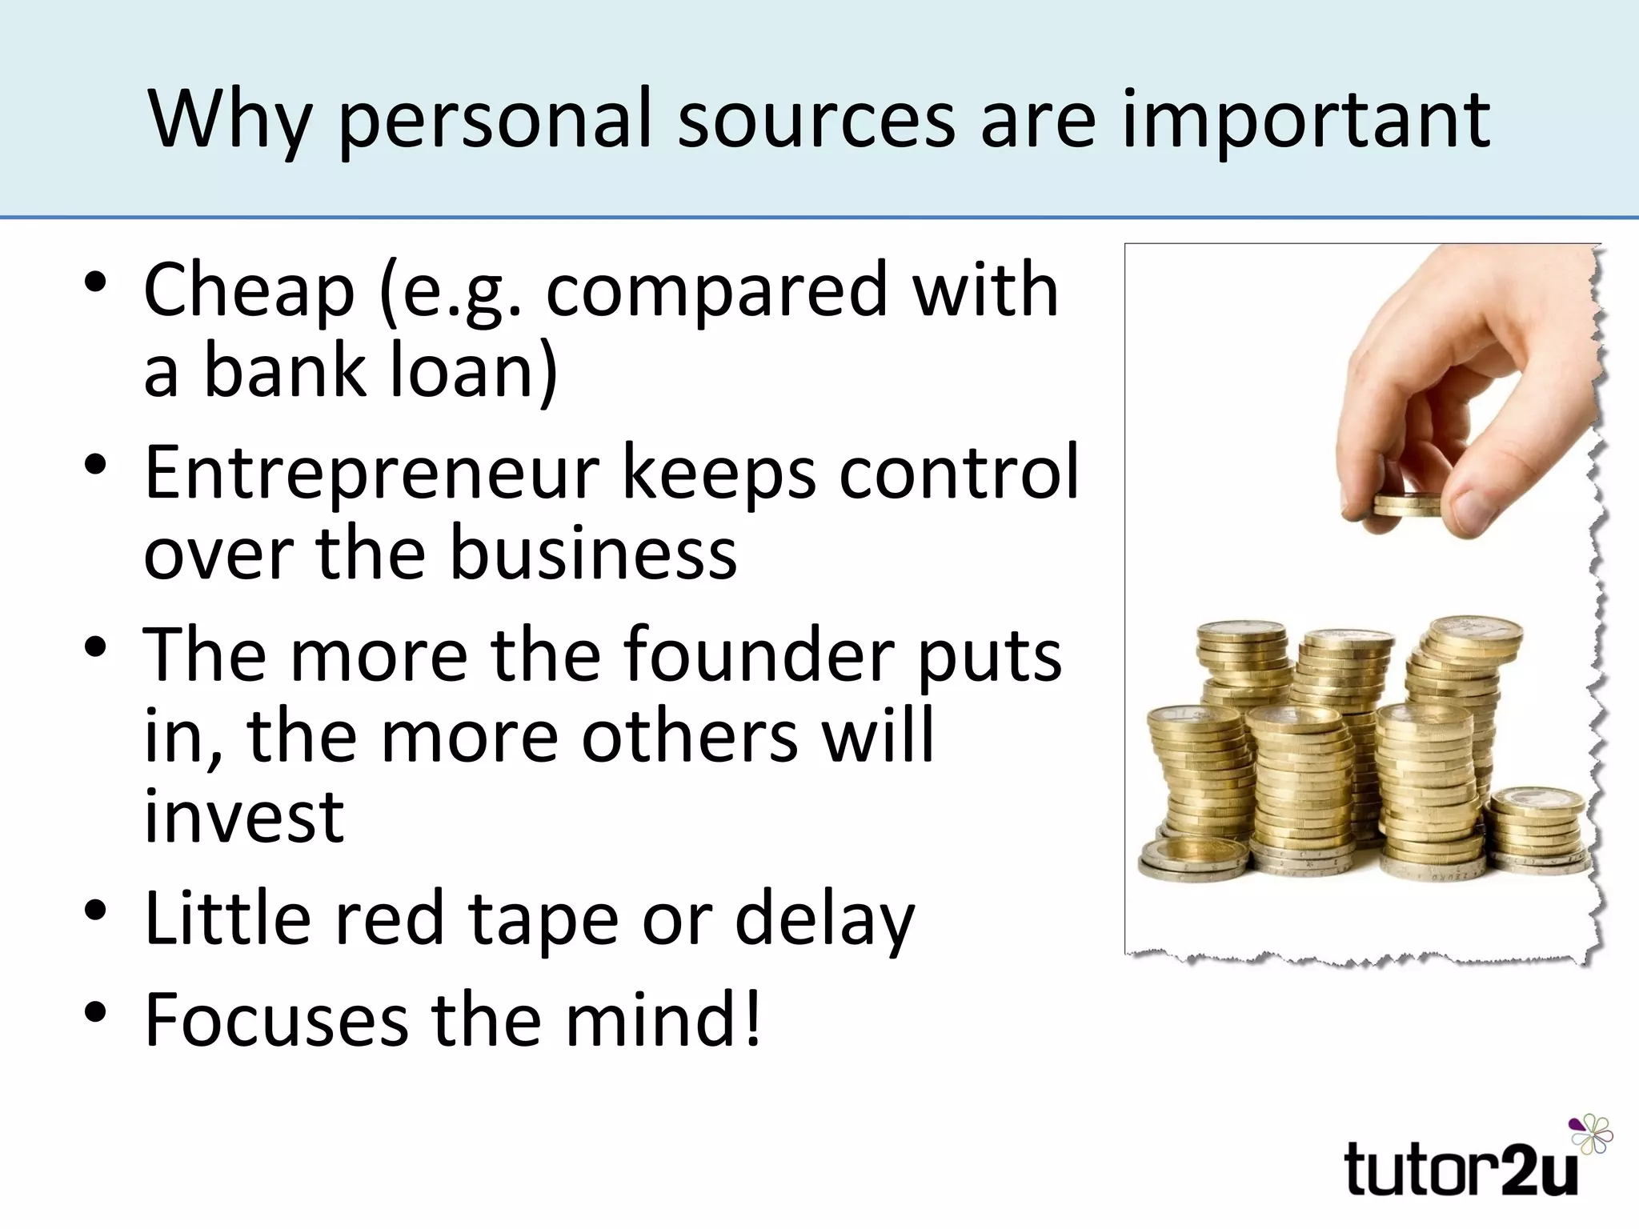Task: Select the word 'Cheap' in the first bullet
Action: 249,290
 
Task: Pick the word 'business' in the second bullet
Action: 593,554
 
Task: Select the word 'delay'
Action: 824,920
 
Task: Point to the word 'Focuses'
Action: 276,1020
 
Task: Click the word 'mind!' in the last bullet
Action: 663,1020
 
